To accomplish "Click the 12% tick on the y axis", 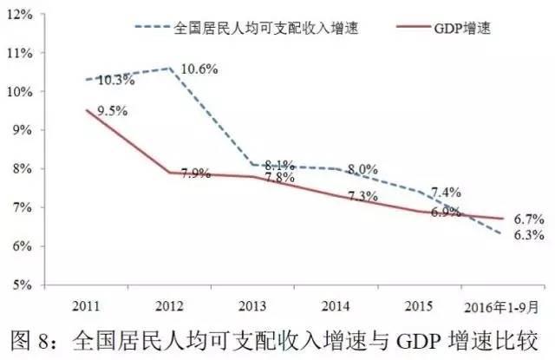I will [19, 14].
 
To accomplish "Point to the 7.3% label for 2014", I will [361, 198].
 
